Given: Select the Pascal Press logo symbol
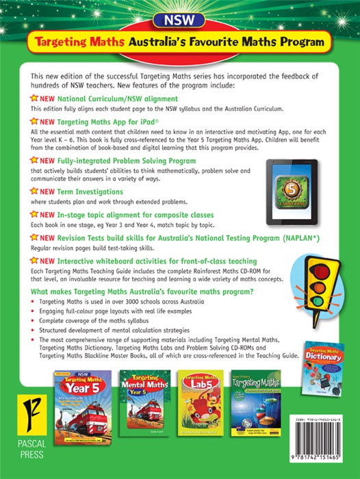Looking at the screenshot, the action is [22, 415].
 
